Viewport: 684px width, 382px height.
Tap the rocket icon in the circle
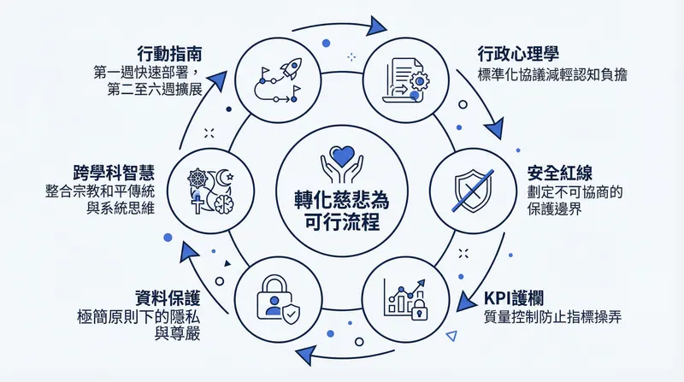[x=275, y=75]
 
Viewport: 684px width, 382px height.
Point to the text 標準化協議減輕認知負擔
[x=552, y=74]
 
